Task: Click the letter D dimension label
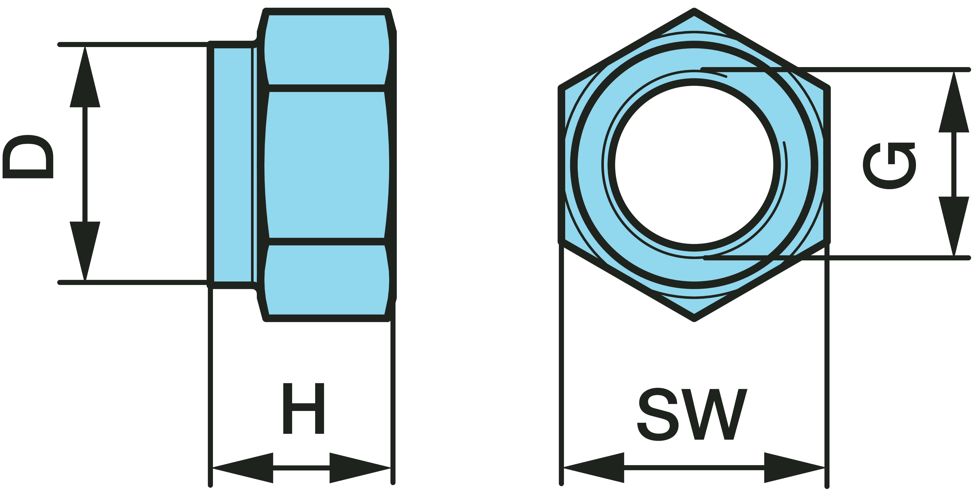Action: point(28,157)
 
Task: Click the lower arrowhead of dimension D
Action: point(85,250)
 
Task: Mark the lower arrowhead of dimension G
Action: point(954,226)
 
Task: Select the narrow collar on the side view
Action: point(232,165)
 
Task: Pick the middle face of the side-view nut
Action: point(327,165)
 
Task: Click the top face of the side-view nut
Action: point(327,49)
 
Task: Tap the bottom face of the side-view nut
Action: point(327,280)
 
